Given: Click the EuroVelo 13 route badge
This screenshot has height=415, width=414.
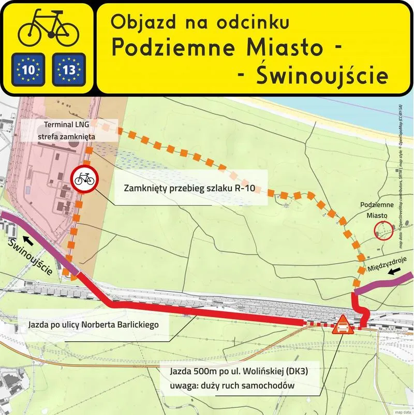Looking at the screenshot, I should click(68, 69).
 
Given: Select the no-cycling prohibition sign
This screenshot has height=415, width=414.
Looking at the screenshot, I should click(84, 179).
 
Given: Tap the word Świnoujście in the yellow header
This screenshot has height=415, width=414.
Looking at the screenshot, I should click(321, 76).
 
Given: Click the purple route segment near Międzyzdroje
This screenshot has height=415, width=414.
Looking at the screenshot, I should click(383, 285).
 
